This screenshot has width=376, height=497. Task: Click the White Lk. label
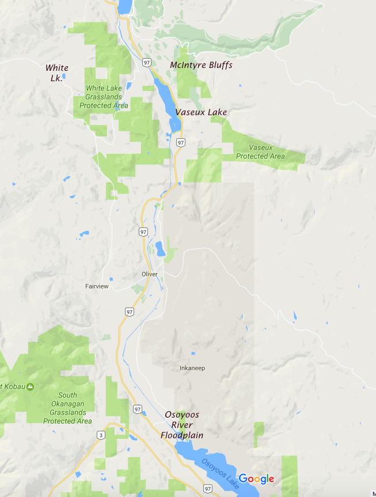click(56, 73)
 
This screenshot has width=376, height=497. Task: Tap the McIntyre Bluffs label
click(201, 65)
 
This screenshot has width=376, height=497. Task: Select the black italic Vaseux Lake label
click(201, 112)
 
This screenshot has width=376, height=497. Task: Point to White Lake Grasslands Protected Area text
click(104, 97)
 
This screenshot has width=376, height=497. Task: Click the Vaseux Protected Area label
click(260, 152)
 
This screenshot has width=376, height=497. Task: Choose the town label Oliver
click(149, 274)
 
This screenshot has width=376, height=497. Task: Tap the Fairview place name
click(96, 286)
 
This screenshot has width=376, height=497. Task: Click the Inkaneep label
click(192, 368)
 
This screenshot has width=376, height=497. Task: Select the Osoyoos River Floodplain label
click(182, 425)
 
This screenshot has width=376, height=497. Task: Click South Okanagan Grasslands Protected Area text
click(67, 408)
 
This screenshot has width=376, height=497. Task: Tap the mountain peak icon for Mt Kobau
click(30, 386)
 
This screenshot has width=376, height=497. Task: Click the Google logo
click(256, 479)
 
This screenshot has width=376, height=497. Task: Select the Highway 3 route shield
click(101, 435)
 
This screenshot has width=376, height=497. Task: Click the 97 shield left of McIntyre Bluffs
click(147, 62)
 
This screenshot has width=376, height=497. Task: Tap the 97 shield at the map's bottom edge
click(207, 488)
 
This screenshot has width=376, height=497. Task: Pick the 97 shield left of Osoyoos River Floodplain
click(137, 409)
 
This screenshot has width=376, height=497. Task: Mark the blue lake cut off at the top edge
click(124, 6)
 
